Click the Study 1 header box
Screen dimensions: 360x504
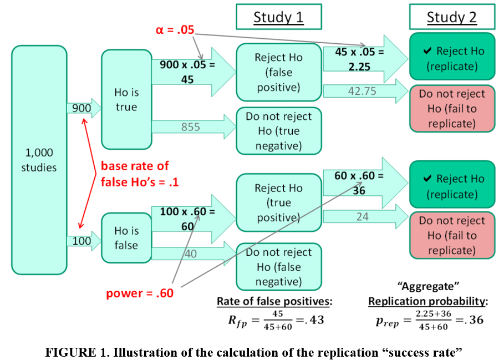coord(278,17)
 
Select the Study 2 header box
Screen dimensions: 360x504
coord(451,17)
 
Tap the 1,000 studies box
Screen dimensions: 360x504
coord(39,159)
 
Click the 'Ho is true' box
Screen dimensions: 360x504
coord(126,100)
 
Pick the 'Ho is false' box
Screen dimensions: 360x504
coord(126,238)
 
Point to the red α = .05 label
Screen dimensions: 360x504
coord(175,29)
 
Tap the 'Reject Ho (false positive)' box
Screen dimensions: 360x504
coord(278,73)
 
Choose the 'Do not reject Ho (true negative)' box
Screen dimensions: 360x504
coord(278,131)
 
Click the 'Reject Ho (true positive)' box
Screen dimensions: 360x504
coord(278,203)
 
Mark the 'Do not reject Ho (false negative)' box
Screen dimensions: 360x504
coord(278,267)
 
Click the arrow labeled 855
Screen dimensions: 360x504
coord(191,126)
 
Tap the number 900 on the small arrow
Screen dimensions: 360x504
coord(81,108)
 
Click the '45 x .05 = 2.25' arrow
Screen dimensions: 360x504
coord(360,59)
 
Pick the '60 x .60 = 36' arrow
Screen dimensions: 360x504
coord(360,183)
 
